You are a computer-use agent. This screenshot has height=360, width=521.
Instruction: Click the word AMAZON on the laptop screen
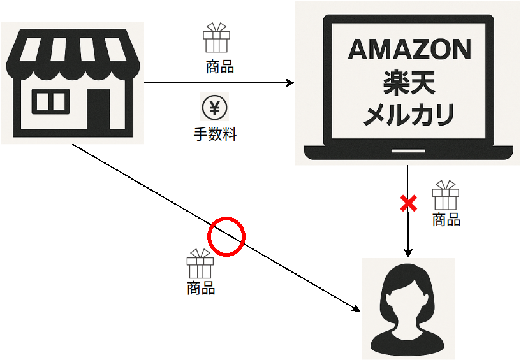coord(409,50)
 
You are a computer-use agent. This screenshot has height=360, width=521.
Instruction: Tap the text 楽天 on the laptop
coord(409,82)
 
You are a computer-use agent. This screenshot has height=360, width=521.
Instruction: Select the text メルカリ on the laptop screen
coord(409,115)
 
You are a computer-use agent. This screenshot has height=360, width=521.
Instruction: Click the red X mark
coord(408,204)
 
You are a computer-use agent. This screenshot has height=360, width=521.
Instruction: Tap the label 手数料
coord(215,134)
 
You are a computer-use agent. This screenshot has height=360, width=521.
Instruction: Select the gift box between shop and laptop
coord(216,38)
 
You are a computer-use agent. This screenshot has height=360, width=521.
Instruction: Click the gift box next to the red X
coord(445,196)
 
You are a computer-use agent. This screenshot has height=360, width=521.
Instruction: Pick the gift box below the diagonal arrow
coord(200,264)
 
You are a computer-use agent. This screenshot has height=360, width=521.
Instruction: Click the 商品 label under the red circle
coord(201,288)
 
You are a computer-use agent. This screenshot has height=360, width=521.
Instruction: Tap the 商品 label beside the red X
coord(446,220)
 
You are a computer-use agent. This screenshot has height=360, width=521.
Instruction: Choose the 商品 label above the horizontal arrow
coord(220,67)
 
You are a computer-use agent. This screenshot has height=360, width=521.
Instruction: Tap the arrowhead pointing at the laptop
coord(291,83)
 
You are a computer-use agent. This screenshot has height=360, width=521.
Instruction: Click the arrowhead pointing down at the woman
coord(407,253)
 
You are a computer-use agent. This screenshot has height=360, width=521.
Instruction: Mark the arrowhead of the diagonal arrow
coord(356,308)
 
